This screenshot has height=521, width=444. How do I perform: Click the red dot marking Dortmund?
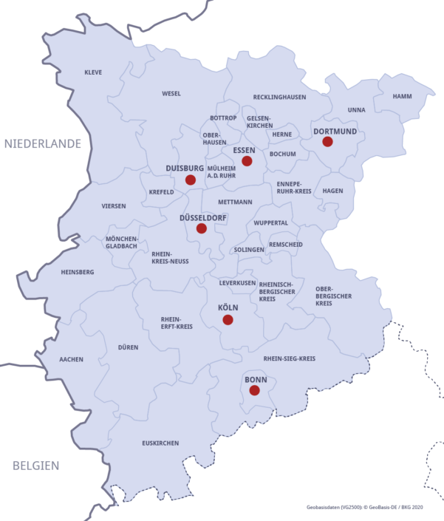(x=327, y=142)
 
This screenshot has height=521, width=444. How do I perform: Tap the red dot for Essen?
(x=247, y=161)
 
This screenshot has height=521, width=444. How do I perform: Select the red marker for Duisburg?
(x=190, y=180)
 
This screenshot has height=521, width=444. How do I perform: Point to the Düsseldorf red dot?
(x=201, y=228)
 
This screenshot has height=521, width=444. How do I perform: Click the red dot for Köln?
(x=228, y=320)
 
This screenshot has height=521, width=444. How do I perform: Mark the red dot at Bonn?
(x=254, y=390)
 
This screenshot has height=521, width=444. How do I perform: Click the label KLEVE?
(x=93, y=72)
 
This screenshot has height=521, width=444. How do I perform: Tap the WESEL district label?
(x=171, y=94)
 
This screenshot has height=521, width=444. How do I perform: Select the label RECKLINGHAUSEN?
(x=279, y=97)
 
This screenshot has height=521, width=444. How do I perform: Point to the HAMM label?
(x=403, y=97)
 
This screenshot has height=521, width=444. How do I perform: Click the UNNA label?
(x=356, y=110)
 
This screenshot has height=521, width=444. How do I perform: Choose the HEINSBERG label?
(x=78, y=272)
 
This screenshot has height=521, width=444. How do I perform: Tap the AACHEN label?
(x=72, y=360)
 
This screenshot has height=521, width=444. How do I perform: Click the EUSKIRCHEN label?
(x=160, y=443)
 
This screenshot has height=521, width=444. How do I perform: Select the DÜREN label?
(x=128, y=347)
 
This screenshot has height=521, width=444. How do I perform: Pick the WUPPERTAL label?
(x=270, y=222)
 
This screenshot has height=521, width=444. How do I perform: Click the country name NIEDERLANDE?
(x=42, y=144)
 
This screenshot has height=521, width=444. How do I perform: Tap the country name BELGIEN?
(x=35, y=466)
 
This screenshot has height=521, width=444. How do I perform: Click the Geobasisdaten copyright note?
(x=364, y=508)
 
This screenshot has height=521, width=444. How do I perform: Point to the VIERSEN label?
(x=114, y=206)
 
